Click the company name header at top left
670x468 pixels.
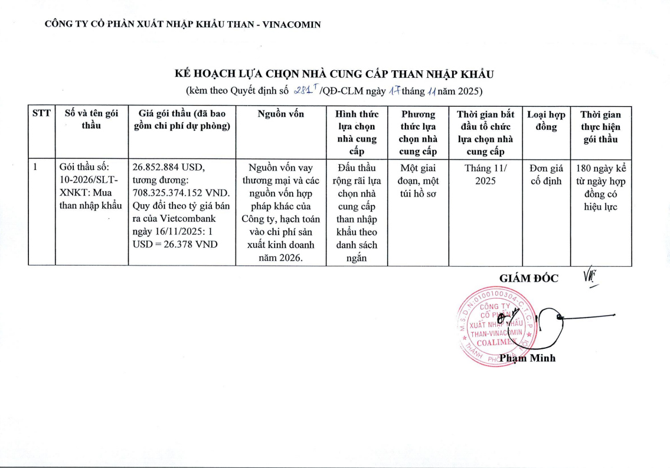pyautogui.click(x=183, y=25)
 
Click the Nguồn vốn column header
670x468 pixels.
pyautogui.click(x=281, y=114)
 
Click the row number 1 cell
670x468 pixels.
pyautogui.click(x=36, y=168)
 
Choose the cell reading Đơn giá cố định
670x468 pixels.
pyautogui.click(x=546, y=174)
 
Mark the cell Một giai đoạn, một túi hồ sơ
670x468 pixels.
pyautogui.click(x=419, y=174)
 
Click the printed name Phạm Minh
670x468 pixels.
pyautogui.click(x=527, y=358)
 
